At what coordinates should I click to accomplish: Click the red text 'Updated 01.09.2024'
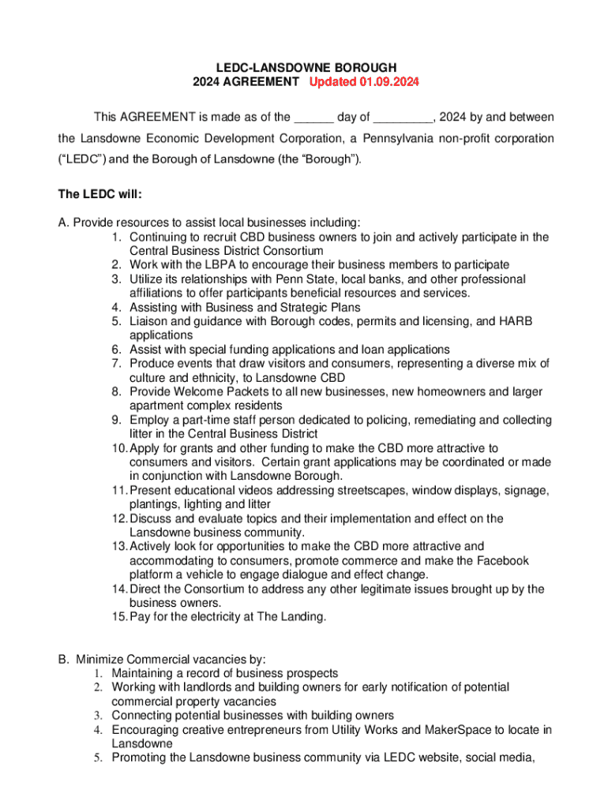pos(364,82)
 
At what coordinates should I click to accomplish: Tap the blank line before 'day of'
pos(313,118)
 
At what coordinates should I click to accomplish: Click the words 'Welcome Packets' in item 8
pos(214,392)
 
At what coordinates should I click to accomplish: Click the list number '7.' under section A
pos(116,364)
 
